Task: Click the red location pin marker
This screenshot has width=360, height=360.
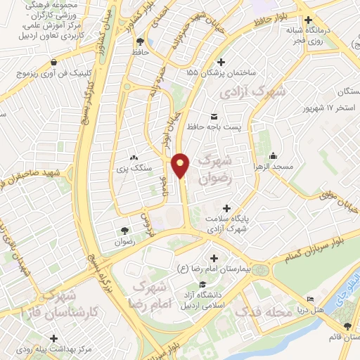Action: (x=182, y=165)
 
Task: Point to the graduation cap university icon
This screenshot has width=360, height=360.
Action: (x=202, y=285)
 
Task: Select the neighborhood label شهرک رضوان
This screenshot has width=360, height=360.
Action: (x=216, y=170)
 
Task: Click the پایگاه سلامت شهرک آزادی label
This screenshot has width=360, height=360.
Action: (x=227, y=223)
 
